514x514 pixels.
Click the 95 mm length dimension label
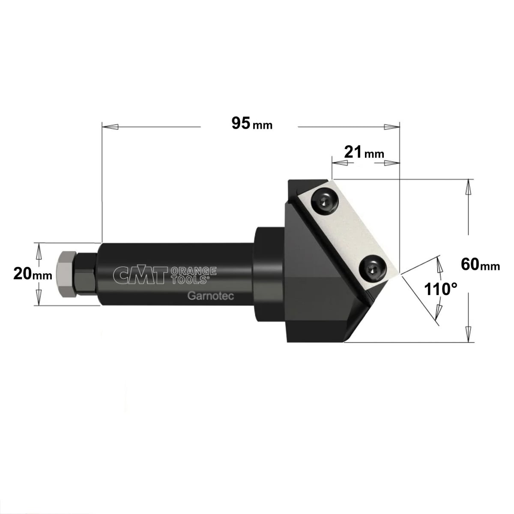252,123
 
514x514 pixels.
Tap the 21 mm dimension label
364,152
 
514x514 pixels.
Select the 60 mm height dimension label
481,265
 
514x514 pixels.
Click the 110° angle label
440,289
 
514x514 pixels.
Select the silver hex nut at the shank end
66,274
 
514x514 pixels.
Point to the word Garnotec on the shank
211,296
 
